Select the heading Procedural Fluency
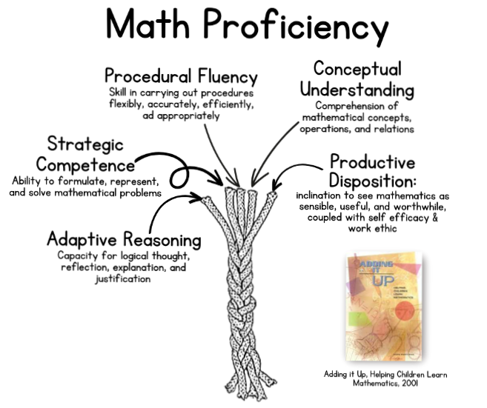pyautogui.click(x=182, y=76)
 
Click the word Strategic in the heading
pyautogui.click(x=85, y=143)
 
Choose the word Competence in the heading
pyautogui.click(x=86, y=164)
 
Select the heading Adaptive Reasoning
pyautogui.click(x=124, y=240)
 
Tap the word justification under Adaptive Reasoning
pyautogui.click(x=123, y=279)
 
